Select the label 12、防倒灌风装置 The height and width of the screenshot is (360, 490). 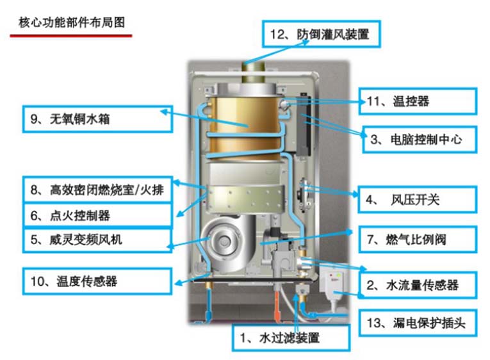(x=322, y=33)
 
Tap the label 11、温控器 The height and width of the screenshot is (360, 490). (x=417, y=101)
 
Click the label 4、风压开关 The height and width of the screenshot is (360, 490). (x=417, y=200)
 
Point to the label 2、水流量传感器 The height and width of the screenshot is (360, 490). (x=417, y=284)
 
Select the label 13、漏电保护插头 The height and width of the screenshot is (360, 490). (x=417, y=323)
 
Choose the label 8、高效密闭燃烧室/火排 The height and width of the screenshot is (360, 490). (x=97, y=190)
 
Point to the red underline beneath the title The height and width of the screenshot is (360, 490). (x=70, y=36)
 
